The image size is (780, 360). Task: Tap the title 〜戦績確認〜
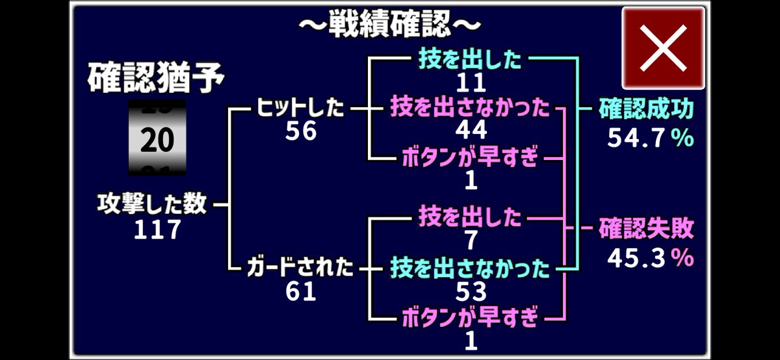click(x=390, y=24)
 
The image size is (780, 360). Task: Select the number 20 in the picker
click(x=157, y=140)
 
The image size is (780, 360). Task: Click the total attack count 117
click(x=157, y=229)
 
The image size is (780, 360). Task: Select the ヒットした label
click(x=300, y=108)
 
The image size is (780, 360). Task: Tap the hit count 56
click(x=301, y=132)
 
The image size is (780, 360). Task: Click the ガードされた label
click(x=300, y=267)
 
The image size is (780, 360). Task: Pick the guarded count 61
click(x=301, y=292)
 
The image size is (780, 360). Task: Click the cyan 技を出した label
click(x=471, y=60)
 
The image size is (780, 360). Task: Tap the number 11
click(x=471, y=83)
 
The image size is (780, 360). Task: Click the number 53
click(x=471, y=292)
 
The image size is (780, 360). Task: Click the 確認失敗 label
click(x=646, y=229)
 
